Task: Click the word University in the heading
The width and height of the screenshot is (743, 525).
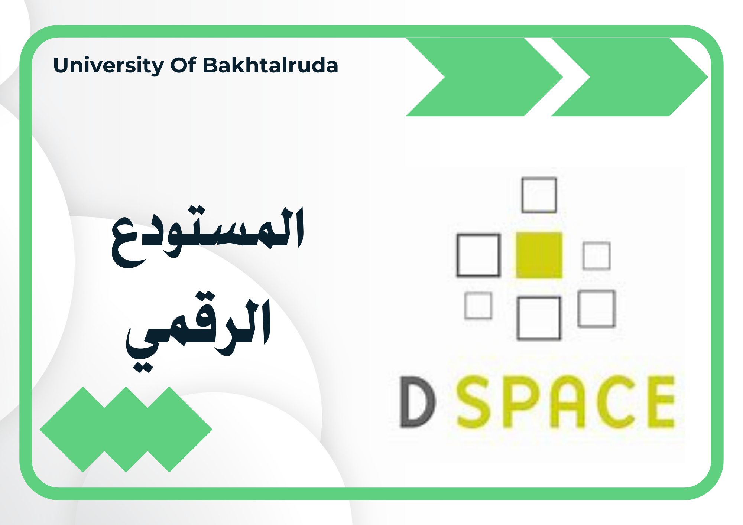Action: click(108, 66)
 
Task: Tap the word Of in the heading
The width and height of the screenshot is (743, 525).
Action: click(183, 65)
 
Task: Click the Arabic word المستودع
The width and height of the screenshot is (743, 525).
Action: click(208, 236)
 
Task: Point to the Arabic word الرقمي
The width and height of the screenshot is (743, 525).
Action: click(198, 331)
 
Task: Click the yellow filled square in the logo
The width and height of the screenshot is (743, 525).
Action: click(539, 255)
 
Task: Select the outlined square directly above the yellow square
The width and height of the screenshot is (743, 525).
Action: click(539, 195)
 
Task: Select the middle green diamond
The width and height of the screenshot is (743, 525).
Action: click(126, 430)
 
